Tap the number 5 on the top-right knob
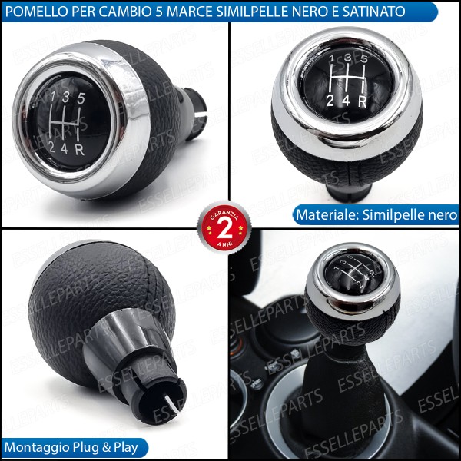coord(365,58)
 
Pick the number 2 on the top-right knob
coord(330,100)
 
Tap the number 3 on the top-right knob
coord(348,58)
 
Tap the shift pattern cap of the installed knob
coord(351,272)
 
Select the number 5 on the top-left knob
coord(81,98)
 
